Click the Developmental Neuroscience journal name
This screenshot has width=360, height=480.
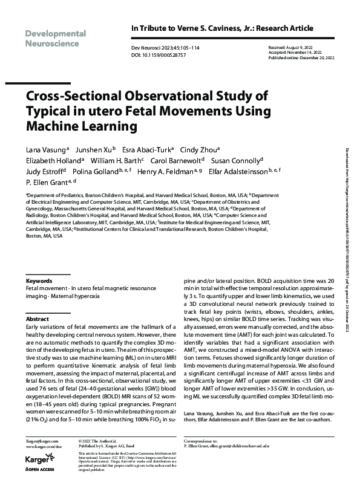[x=55, y=38]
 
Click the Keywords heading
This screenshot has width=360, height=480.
[x=38, y=282]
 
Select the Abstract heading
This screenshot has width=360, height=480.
[x=38, y=318]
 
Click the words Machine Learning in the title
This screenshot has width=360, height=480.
[x=81, y=126]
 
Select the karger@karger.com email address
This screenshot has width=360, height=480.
[x=42, y=444]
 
